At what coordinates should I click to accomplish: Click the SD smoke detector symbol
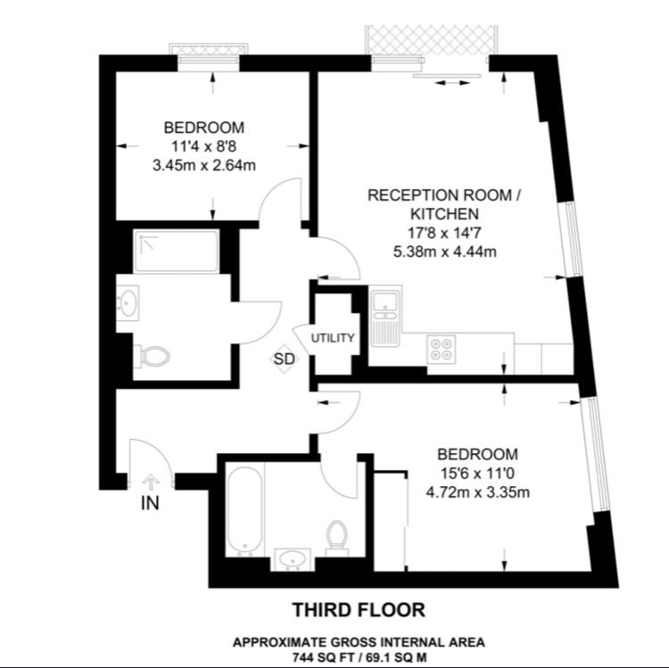(285, 359)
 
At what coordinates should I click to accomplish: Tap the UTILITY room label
(333, 338)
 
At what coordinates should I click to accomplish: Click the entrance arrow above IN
(151, 482)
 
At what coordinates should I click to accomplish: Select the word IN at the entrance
(150, 503)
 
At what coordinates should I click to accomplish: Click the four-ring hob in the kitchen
(442, 349)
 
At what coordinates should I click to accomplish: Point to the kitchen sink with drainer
(385, 318)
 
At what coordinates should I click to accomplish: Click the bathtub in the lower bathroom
(244, 511)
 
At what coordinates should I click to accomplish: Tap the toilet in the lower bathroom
(337, 539)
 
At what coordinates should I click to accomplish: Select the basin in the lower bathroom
(293, 559)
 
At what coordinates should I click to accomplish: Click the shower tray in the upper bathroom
(177, 251)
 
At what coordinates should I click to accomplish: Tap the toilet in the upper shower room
(152, 356)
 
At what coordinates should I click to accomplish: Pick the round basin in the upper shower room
(128, 302)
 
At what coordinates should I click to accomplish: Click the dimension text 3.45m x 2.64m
(204, 165)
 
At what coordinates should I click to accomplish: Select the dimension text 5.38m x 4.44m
(445, 252)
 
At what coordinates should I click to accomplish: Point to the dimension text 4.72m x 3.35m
(478, 492)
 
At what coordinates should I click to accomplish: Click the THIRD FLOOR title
(359, 609)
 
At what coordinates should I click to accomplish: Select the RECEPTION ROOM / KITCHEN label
(444, 204)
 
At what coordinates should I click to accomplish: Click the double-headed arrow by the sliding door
(452, 82)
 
